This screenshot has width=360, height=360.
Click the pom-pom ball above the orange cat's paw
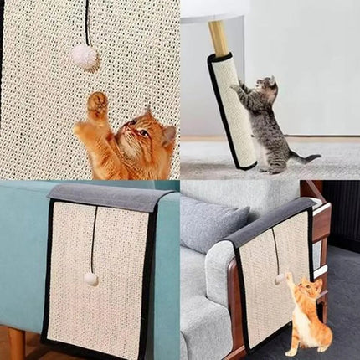(84, 57)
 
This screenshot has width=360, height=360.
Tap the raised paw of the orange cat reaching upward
(97, 105)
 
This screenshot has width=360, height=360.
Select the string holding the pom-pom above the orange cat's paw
(87, 22)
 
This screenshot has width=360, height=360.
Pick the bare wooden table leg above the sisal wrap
(218, 39)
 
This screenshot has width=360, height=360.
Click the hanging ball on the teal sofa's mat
(90, 279)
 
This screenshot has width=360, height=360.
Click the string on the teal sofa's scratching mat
(94, 239)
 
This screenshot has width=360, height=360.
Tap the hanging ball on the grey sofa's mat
(277, 279)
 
